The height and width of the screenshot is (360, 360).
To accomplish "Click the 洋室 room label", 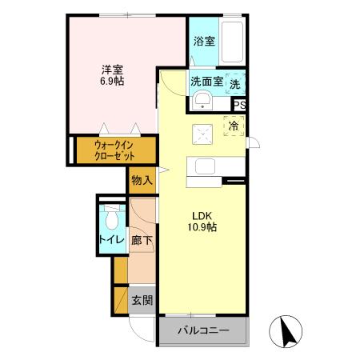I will point(112,69).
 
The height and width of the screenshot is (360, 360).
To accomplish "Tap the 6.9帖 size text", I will point(112,81).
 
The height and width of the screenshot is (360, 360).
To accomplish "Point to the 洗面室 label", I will point(207,81).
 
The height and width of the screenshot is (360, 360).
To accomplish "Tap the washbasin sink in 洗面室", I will point(203,99).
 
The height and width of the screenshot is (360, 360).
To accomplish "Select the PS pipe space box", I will point(238,104).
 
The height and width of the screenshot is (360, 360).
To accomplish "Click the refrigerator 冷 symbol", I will point(234,126).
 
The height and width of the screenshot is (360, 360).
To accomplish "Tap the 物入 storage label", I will point(141,180).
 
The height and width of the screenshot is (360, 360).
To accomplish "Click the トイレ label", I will point(110,239).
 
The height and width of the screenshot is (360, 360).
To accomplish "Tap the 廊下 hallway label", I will point(142,239).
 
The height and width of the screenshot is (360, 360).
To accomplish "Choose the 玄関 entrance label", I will point(142,300).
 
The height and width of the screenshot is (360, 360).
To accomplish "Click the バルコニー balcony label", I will point(203,330).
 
